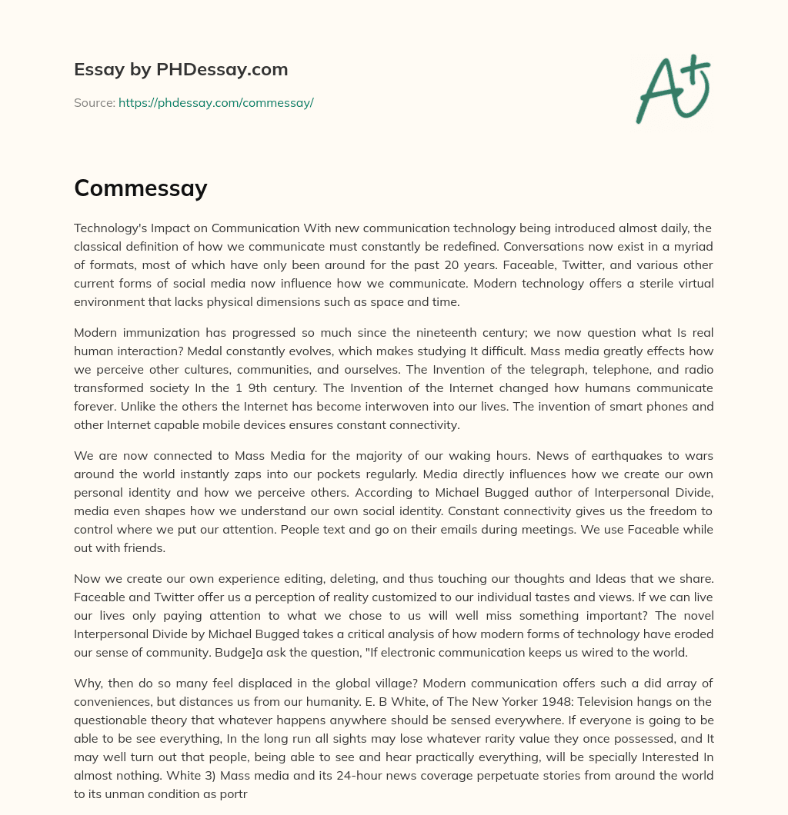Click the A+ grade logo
pyautogui.click(x=672, y=88)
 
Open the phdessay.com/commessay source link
pyautogui.click(x=215, y=102)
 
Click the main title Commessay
pyautogui.click(x=140, y=188)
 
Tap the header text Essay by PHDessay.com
pyautogui.click(x=181, y=70)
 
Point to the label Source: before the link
pyautogui.click(x=94, y=102)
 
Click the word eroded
pyautogui.click(x=695, y=634)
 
